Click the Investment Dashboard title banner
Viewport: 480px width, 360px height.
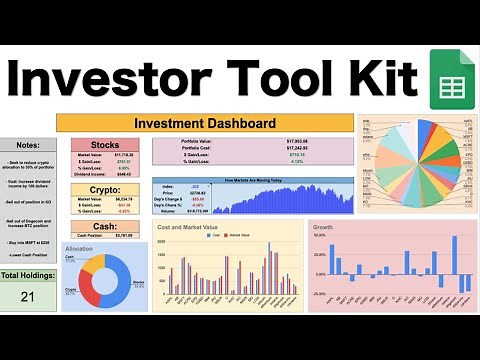205,124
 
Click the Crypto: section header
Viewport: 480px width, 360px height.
105,188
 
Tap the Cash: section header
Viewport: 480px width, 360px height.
105,226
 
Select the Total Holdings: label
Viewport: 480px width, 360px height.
28,274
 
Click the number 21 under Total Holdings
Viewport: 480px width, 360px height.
28,295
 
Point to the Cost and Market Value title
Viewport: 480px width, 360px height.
196,227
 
